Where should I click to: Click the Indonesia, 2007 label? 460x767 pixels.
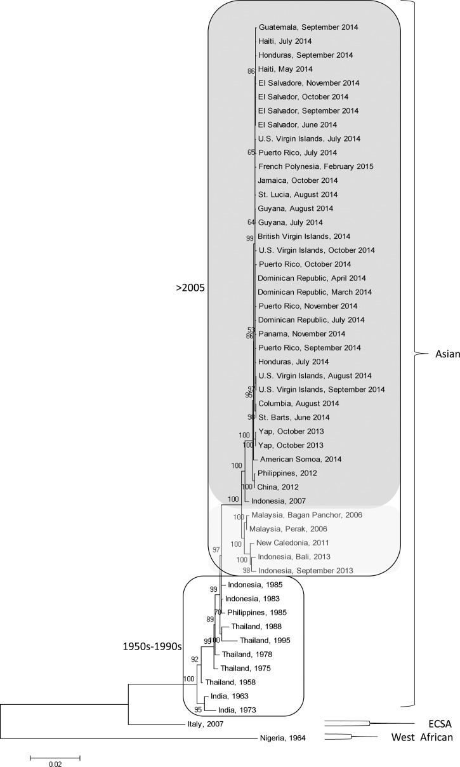pyautogui.click(x=288, y=500)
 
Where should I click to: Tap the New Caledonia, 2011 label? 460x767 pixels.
pyautogui.click(x=290, y=544)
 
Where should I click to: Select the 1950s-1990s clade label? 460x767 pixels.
pyautogui.click(x=151, y=647)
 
